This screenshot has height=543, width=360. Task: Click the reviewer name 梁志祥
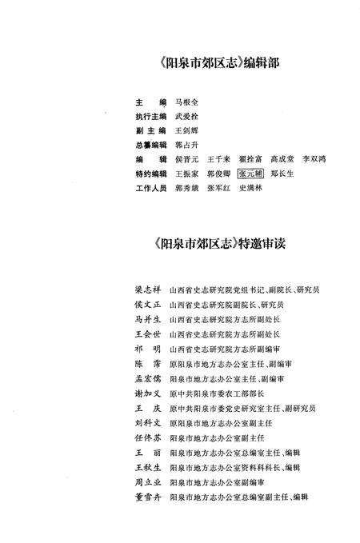tap(147, 289)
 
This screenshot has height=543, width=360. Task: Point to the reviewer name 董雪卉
tap(147, 497)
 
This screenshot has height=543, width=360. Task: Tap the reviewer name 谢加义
tap(147, 393)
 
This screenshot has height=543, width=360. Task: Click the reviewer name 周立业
tap(147, 482)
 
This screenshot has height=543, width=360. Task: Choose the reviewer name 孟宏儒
tap(147, 378)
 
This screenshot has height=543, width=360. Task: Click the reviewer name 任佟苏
tap(147, 438)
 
